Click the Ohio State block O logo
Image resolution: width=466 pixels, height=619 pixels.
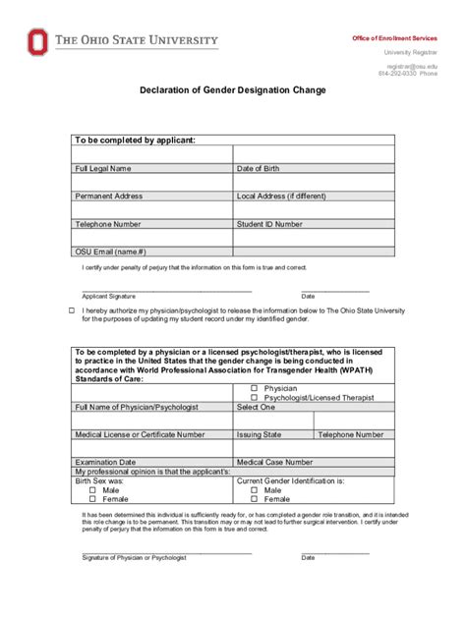click(x=38, y=42)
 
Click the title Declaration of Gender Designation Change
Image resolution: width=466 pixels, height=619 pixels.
click(x=232, y=89)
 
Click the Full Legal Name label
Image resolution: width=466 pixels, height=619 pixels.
click(x=103, y=168)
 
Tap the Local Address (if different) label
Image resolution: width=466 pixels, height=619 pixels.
click(x=281, y=196)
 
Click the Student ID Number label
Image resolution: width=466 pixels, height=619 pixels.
click(x=269, y=224)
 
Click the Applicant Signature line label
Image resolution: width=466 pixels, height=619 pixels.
click(x=108, y=296)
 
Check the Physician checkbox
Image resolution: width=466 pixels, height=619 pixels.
click(x=242, y=388)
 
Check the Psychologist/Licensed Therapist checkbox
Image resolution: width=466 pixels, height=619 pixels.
click(x=242, y=397)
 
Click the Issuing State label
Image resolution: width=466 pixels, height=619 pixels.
click(x=259, y=434)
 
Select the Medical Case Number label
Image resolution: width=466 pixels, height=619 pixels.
click(x=275, y=462)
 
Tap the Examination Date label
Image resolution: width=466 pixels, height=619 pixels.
click(x=105, y=462)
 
